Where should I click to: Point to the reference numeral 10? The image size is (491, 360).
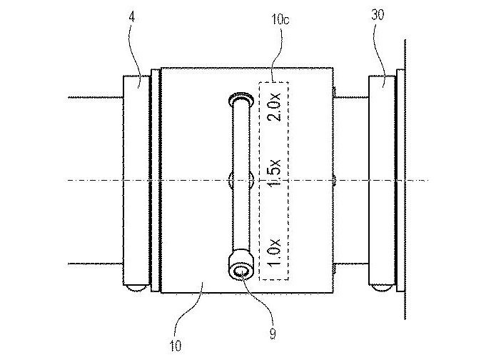tap(176, 347)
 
